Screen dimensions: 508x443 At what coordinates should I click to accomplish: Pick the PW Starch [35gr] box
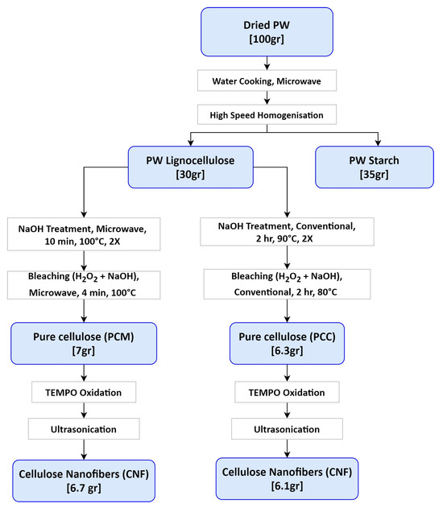368,167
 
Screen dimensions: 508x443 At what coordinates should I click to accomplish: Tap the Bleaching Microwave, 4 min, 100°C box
82,285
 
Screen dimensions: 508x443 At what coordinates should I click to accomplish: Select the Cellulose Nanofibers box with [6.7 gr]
82,478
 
